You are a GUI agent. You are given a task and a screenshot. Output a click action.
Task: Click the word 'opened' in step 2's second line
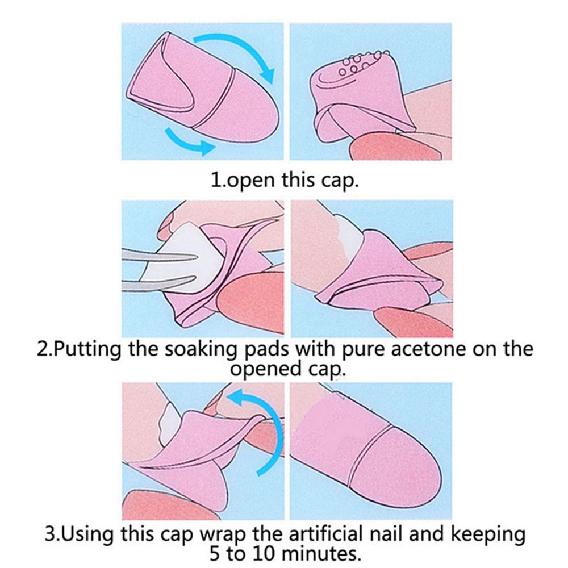[264, 368]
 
